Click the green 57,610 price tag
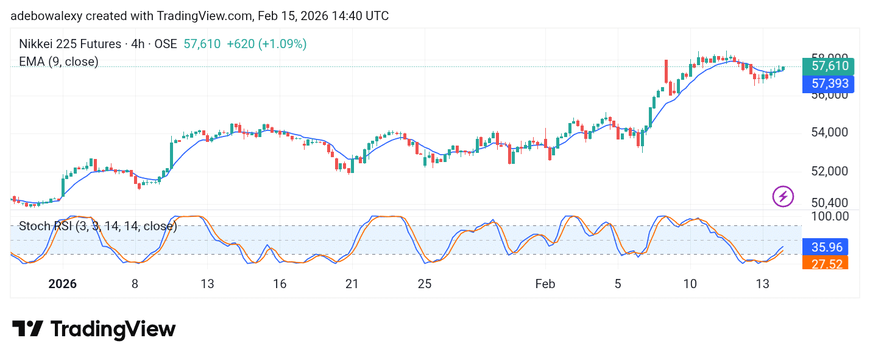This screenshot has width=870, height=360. (x=828, y=66)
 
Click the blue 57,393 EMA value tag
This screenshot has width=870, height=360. (x=828, y=84)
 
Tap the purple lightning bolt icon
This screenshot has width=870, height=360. (x=783, y=196)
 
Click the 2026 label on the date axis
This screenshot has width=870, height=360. (x=62, y=284)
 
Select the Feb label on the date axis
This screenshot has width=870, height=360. (x=545, y=284)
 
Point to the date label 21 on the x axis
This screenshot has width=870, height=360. (x=352, y=284)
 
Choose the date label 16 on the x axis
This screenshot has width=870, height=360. (x=280, y=284)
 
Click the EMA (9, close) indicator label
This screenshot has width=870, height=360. (x=58, y=62)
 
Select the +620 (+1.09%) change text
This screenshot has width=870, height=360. (x=266, y=44)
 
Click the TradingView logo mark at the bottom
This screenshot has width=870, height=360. (x=27, y=329)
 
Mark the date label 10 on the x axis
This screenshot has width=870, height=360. (x=690, y=284)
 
